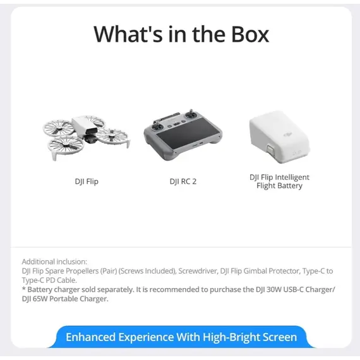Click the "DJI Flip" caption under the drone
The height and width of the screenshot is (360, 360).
tap(87, 182)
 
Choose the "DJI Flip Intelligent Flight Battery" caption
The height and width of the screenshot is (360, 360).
tap(280, 182)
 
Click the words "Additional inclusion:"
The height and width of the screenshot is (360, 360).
tap(54, 261)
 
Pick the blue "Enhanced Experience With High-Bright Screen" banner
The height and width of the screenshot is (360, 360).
tap(181, 337)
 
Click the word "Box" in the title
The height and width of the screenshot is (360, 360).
tap(246, 33)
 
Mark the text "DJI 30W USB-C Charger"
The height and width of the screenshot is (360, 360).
tap(288, 289)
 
